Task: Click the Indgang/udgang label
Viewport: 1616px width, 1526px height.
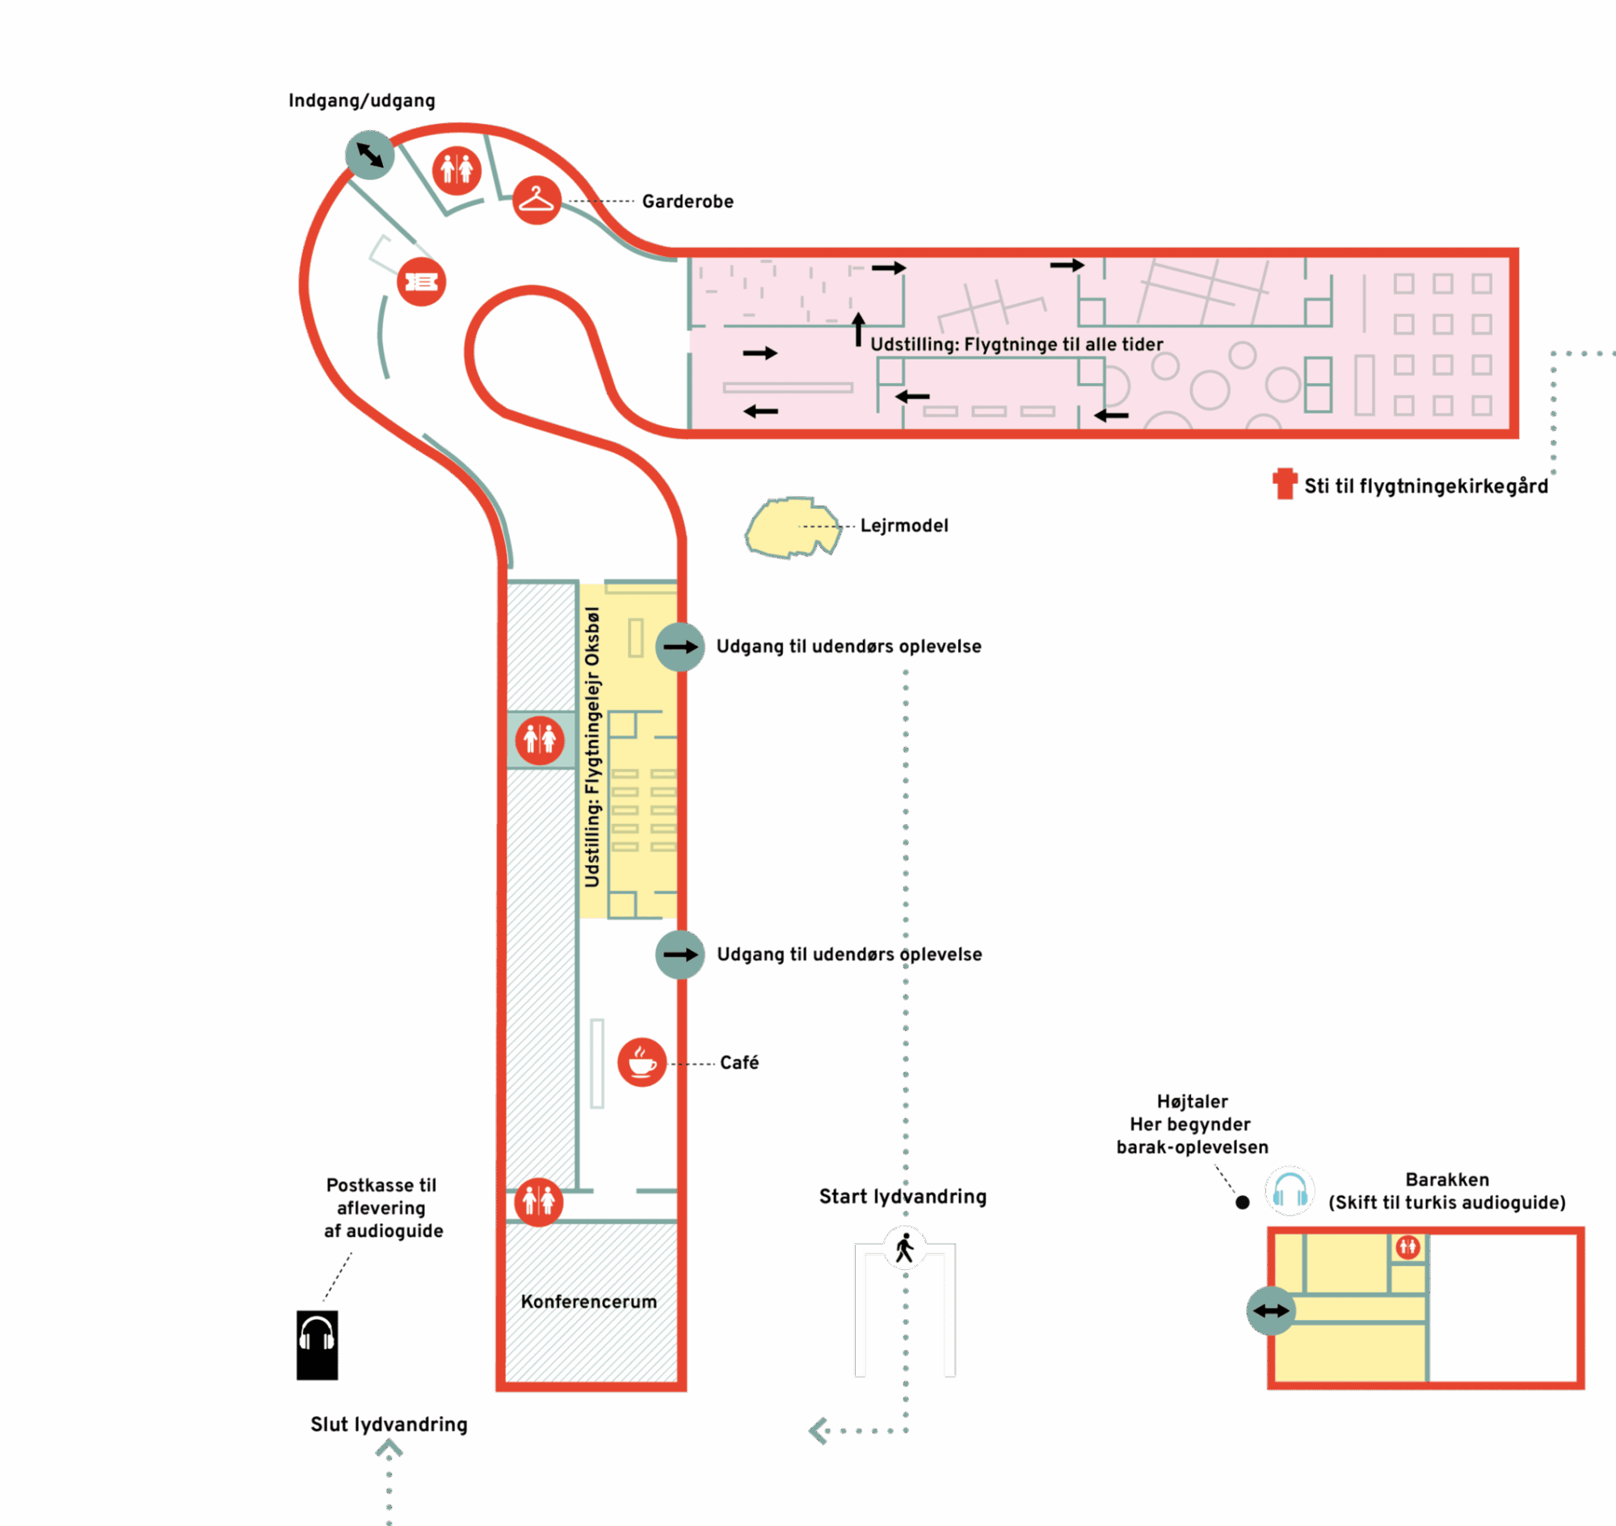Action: [x=361, y=101]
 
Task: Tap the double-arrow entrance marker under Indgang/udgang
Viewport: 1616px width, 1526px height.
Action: [x=369, y=154]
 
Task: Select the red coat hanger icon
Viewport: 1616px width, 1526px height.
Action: [x=537, y=200]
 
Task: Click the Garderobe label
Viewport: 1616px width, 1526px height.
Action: [x=688, y=202]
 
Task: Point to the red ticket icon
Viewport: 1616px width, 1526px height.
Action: [x=422, y=281]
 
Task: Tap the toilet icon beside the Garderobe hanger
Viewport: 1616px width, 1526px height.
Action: [x=457, y=170]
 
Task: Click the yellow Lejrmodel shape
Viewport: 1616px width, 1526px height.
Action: [x=792, y=527]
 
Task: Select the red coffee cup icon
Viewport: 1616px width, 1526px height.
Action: [x=642, y=1062]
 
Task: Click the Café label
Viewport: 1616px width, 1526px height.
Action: [x=739, y=1063]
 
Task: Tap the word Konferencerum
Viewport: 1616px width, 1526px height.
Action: [x=588, y=1302]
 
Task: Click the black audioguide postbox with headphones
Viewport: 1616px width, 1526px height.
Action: [x=317, y=1345]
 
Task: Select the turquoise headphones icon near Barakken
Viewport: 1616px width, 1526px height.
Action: [x=1290, y=1191]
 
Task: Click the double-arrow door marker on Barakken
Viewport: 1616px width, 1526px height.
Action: [x=1271, y=1310]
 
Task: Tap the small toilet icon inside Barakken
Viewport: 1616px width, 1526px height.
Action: [x=1408, y=1246]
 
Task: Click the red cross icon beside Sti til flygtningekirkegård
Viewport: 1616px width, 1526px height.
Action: [x=1285, y=483]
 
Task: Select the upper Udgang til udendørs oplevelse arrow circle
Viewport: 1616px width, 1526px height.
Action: [x=680, y=647]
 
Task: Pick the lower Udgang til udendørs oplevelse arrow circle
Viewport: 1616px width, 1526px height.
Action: [x=680, y=955]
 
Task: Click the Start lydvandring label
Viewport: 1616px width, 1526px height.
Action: [x=903, y=1197]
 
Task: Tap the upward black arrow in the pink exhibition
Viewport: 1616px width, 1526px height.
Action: [x=857, y=330]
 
